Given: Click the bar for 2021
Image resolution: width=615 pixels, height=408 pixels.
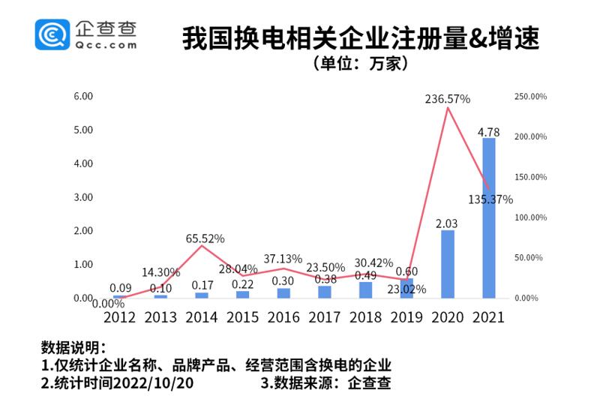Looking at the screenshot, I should pyautogui.click(x=488, y=217).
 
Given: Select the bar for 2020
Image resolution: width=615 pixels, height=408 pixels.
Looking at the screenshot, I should pyautogui.click(x=447, y=264).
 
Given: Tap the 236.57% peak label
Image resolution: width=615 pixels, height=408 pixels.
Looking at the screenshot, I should pyautogui.click(x=447, y=99).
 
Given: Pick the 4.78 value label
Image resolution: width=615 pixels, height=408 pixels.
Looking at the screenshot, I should pyautogui.click(x=488, y=132).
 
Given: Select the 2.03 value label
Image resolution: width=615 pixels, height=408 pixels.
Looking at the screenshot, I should pyautogui.click(x=447, y=223).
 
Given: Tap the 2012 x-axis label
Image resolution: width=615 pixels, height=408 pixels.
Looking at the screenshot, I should pyautogui.click(x=119, y=316).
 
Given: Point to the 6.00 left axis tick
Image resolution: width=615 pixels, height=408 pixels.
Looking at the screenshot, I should pyautogui.click(x=82, y=97).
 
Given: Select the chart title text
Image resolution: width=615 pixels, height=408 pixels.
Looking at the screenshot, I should pyautogui.click(x=360, y=37).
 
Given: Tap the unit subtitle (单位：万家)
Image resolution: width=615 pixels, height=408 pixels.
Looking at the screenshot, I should pyautogui.click(x=360, y=64).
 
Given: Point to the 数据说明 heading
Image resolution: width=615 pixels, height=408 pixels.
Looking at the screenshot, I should pyautogui.click(x=73, y=349).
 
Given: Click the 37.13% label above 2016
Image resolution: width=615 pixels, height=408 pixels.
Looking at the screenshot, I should pyautogui.click(x=283, y=259).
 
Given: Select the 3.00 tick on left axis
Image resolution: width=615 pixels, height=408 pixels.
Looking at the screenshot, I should pyautogui.click(x=82, y=197).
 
